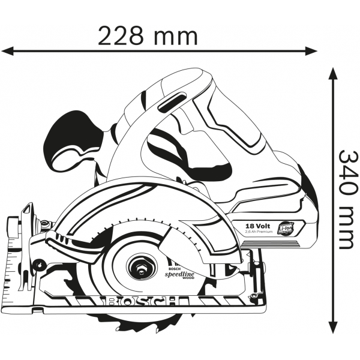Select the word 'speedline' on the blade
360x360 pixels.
click(182, 273)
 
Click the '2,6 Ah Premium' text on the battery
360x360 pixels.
click(259, 232)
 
